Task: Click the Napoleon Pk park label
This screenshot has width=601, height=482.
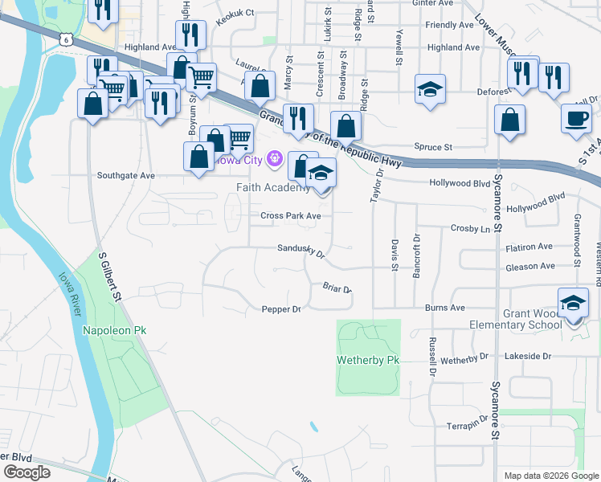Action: (116, 330)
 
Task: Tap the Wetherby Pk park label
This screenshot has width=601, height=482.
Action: (369, 360)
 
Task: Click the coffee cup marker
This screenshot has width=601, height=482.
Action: (576, 118)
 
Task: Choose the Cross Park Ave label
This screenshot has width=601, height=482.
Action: (291, 215)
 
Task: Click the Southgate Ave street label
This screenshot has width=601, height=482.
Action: (125, 175)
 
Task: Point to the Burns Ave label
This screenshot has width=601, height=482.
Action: (446, 308)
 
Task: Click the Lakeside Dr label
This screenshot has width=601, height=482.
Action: (527, 355)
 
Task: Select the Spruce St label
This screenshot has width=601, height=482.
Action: (434, 147)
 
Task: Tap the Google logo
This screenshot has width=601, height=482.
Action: (26, 472)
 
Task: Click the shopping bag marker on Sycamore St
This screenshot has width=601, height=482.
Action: (510, 120)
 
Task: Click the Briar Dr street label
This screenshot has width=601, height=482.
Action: (337, 287)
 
